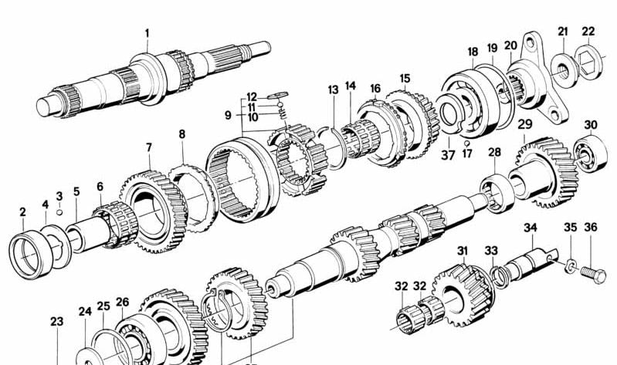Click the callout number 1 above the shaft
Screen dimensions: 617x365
pyautogui.click(x=147, y=33)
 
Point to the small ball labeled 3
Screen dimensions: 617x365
pyautogui.click(x=59, y=212)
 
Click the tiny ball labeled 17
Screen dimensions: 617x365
pyautogui.click(x=466, y=143)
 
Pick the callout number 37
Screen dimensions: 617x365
pyautogui.click(x=448, y=155)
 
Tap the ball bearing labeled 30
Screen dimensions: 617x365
pyautogui.click(x=590, y=153)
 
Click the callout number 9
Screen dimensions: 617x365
pyautogui.click(x=228, y=116)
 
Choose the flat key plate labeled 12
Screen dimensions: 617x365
pyautogui.click(x=278, y=95)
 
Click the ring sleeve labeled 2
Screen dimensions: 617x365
pyautogui.click(x=28, y=255)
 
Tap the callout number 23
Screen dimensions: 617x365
pyautogui.click(x=56, y=322)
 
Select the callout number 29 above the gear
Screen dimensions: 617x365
pyautogui.click(x=525, y=124)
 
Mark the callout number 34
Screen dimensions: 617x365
pyautogui.click(x=531, y=228)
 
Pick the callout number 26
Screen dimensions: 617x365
pyautogui.click(x=122, y=302)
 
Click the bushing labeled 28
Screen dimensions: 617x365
pyautogui.click(x=497, y=193)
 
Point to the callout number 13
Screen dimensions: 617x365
pyautogui.click(x=333, y=90)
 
